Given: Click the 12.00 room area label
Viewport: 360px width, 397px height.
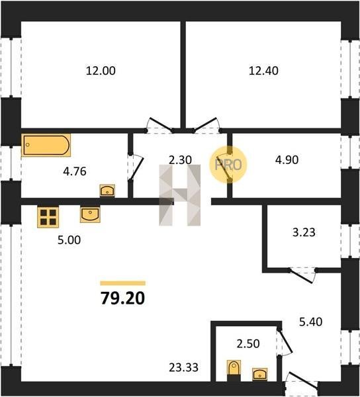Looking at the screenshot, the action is [x=101, y=71].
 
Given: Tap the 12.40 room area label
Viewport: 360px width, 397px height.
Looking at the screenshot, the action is [x=263, y=71].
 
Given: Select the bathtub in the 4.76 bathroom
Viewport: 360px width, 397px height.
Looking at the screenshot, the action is [x=46, y=145].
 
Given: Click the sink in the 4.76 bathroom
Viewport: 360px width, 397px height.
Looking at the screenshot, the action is [x=107, y=191].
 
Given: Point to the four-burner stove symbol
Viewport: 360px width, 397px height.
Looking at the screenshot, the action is [x=48, y=217].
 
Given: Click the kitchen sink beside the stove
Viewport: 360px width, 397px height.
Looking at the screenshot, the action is [x=90, y=214].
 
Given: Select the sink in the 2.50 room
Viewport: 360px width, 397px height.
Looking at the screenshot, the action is [x=260, y=375].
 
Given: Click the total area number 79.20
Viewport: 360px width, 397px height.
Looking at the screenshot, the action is [x=123, y=298].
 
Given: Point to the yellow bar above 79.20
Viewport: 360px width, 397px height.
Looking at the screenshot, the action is [x=123, y=283].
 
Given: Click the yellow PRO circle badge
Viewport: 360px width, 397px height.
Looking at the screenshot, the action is [x=228, y=165].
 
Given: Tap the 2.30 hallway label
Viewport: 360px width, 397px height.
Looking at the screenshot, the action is [x=180, y=160].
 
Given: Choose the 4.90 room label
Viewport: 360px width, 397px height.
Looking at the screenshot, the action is [x=287, y=159].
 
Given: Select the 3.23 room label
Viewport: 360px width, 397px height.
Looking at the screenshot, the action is [x=304, y=232].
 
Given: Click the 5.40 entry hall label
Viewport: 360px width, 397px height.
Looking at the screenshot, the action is [x=310, y=322].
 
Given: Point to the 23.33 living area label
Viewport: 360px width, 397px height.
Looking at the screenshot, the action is [x=183, y=367].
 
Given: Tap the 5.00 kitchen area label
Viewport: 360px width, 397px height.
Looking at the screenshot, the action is [x=69, y=240].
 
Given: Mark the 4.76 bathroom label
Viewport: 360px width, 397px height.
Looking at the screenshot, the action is [x=75, y=171].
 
